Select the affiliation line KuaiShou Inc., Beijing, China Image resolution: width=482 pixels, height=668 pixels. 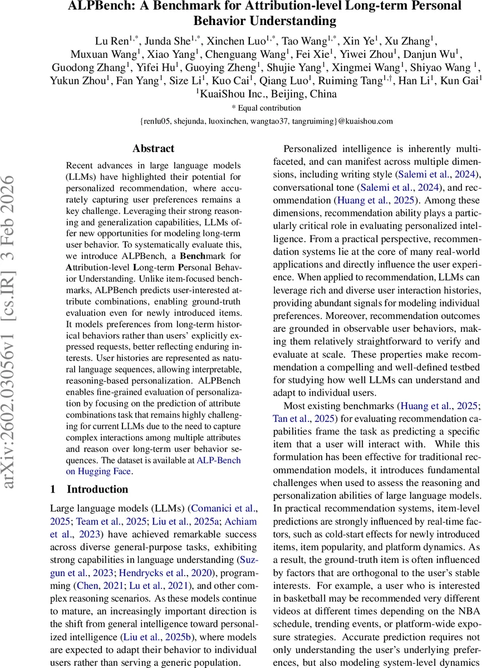click(x=268, y=94)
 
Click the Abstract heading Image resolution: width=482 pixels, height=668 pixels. click(x=153, y=149)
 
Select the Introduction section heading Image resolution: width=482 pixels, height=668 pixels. click(x=97, y=489)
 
